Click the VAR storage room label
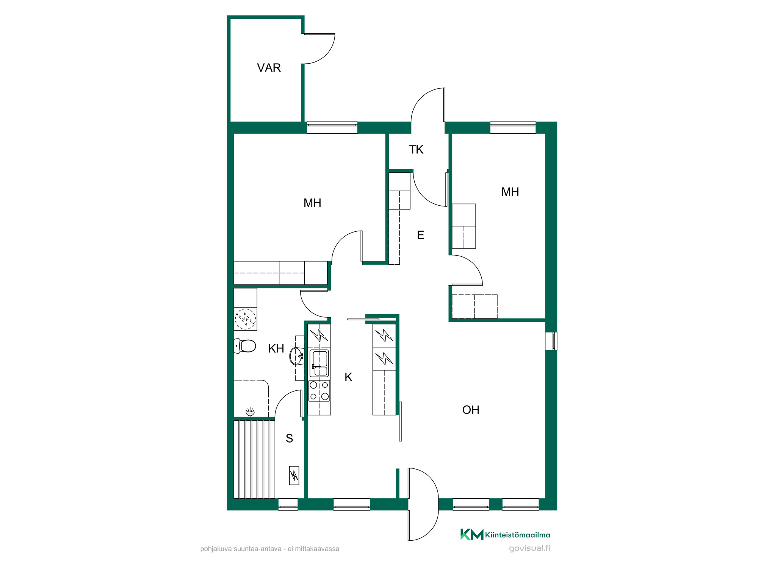pos(269,68)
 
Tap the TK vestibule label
pos(416,150)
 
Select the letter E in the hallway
pos(420,235)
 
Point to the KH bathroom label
pos(276,348)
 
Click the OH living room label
pos(471,410)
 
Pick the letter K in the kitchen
pos(348,377)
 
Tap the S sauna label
pos(289,438)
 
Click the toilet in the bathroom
pos(245,346)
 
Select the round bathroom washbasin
pos(296,356)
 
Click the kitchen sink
pos(319,363)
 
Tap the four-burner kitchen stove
pos(319,391)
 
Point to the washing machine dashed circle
pos(245,318)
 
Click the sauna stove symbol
pos(294,475)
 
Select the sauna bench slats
pos(254,459)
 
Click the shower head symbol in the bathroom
pos(250,412)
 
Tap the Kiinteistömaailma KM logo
pos(505,534)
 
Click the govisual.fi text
pos(529,548)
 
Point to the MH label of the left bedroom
pos(312,203)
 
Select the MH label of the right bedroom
pos(510,192)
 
